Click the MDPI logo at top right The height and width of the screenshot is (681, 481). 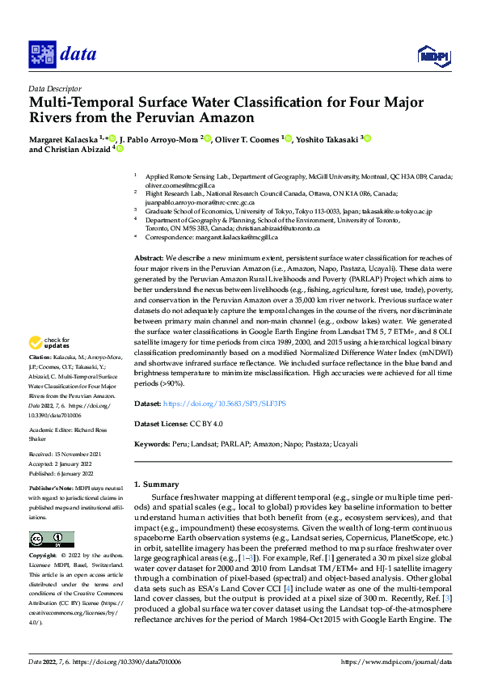[x=432, y=55]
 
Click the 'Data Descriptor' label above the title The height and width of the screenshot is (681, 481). [x=54, y=88]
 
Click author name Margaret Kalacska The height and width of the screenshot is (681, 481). [x=65, y=139]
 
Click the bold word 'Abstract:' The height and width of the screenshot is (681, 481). [x=150, y=256]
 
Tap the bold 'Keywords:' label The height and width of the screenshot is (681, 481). [x=153, y=444]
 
